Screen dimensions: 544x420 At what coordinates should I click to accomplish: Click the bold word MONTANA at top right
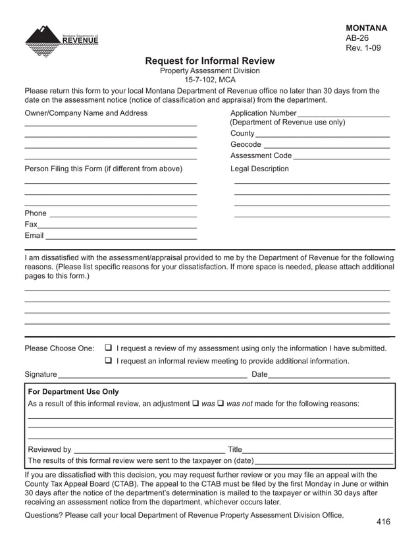[366, 28]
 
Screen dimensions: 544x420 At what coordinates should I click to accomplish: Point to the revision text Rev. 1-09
[363, 48]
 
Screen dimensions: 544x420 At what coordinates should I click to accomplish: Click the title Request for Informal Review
[209, 61]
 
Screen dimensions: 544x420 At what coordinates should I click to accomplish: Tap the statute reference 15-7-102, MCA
[209, 80]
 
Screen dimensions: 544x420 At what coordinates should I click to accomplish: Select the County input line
[323, 135]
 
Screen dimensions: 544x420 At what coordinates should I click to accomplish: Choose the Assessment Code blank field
[341, 157]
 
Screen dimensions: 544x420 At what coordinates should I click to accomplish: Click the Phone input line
[123, 215]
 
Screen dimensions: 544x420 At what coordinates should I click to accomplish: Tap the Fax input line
[117, 226]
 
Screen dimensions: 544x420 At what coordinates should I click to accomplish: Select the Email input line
[120, 237]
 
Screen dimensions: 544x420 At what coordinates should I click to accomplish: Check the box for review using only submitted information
[109, 348]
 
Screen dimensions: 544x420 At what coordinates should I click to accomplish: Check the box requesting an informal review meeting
[109, 361]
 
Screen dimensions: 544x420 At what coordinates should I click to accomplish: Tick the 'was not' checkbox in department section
[221, 403]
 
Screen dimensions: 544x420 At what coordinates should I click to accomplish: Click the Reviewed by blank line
[149, 451]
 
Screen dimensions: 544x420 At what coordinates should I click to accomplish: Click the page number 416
[383, 522]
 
